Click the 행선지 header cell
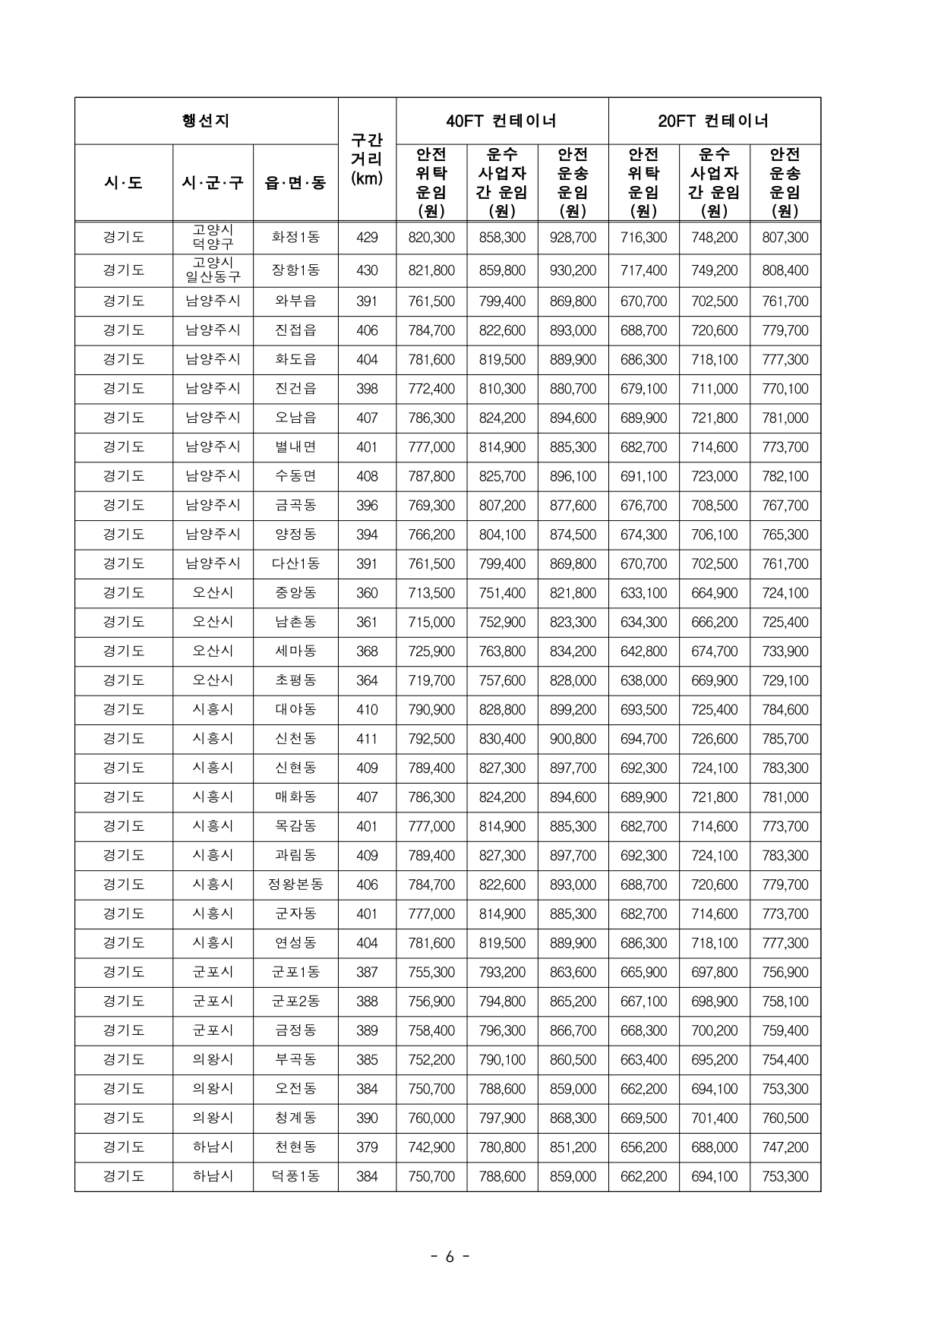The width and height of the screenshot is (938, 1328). tap(206, 121)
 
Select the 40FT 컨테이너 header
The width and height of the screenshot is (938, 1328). tap(501, 121)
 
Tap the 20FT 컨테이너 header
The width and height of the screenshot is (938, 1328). tap(714, 121)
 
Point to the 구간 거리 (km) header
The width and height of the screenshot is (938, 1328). tap(367, 159)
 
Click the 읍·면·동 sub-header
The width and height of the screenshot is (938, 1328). tap(295, 183)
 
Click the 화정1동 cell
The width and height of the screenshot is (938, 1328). tap(295, 238)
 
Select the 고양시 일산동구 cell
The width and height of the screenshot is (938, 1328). tap(213, 270)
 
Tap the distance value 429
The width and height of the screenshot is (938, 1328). tap(367, 238)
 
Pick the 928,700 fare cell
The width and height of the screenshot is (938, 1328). tap(573, 238)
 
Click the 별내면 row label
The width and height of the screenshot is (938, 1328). tap(295, 447)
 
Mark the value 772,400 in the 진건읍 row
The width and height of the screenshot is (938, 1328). tap(431, 389)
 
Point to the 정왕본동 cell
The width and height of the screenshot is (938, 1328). tap(295, 885)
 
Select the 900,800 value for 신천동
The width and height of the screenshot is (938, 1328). tap(573, 739)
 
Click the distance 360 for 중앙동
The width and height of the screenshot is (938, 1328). tap(367, 593)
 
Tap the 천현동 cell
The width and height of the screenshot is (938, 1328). tap(295, 1147)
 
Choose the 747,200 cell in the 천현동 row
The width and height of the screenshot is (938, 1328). tap(785, 1147)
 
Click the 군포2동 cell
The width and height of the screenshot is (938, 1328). tap(295, 1002)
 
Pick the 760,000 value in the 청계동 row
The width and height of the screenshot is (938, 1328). tap(431, 1118)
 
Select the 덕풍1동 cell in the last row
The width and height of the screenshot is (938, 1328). tap(295, 1177)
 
